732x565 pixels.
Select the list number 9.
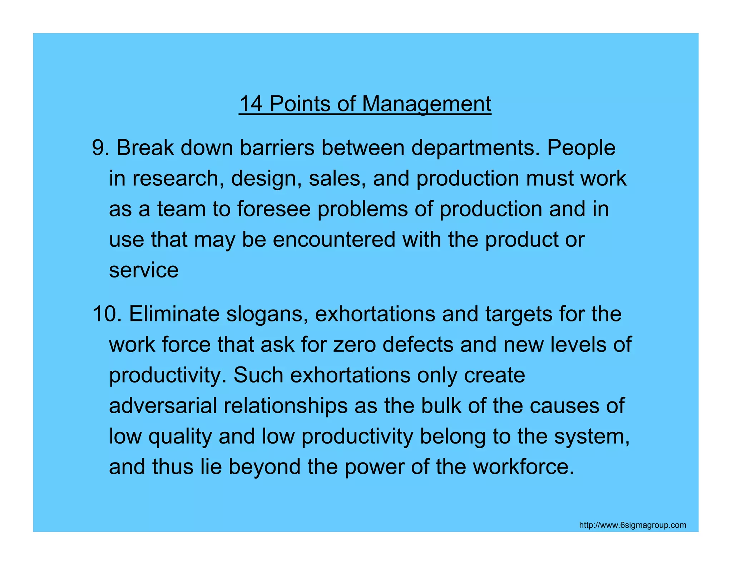pos(100,147)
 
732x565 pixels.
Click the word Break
pos(145,147)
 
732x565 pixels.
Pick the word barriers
pos(277,147)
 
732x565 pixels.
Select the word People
pos(581,148)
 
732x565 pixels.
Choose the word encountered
pos(334,239)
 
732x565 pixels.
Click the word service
pos(144,270)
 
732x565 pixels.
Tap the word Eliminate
pos(174,314)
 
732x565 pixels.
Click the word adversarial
pos(163,406)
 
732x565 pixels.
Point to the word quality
pos(180,437)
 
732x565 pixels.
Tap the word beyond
pos(264,467)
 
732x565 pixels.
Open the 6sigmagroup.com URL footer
pos(632,525)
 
